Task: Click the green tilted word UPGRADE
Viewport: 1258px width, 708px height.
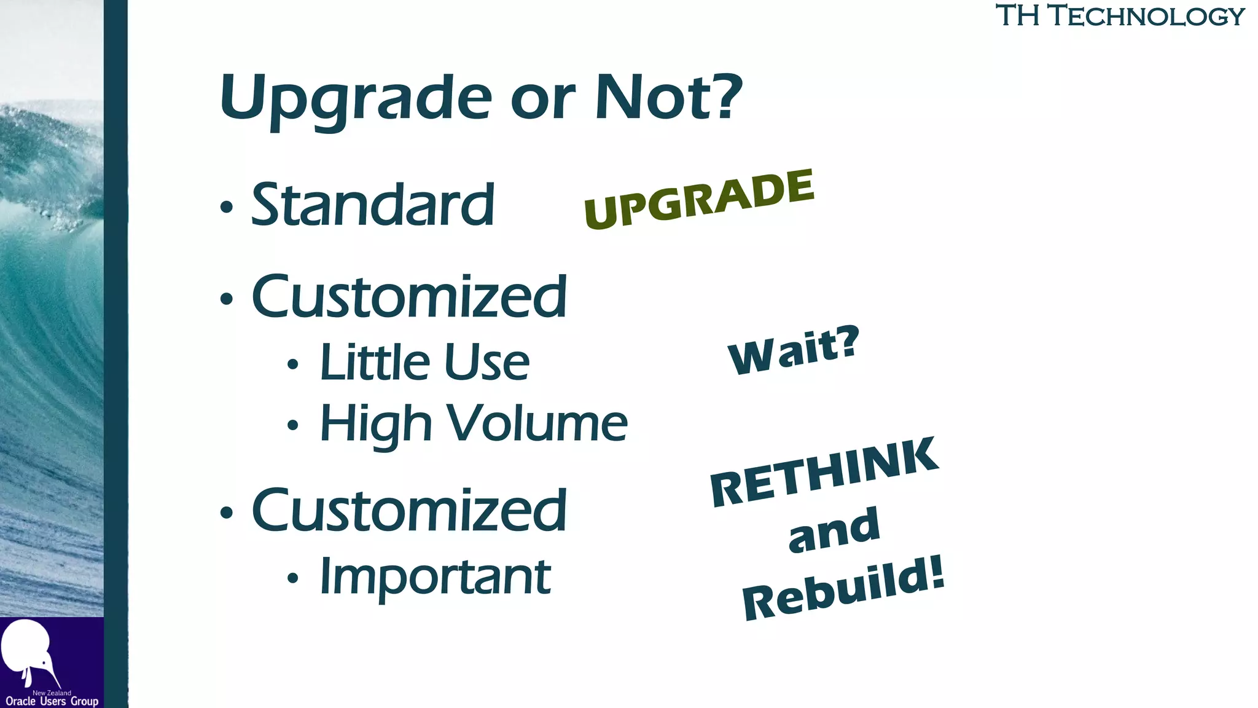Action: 699,200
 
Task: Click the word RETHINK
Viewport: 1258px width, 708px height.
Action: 824,472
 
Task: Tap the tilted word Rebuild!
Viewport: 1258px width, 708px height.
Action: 843,588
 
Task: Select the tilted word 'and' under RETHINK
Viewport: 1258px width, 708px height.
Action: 834,529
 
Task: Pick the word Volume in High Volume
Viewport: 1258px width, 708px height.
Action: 536,423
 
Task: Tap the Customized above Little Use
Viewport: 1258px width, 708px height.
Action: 409,297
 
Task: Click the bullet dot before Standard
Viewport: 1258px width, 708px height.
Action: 227,207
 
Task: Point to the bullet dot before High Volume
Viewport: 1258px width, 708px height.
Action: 293,425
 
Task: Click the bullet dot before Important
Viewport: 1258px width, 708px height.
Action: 293,578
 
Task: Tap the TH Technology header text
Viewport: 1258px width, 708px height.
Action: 1119,15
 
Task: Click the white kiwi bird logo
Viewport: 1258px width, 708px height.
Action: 28,651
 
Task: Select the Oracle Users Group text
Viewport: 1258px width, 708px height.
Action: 52,701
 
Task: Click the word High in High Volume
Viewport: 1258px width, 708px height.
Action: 376,423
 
